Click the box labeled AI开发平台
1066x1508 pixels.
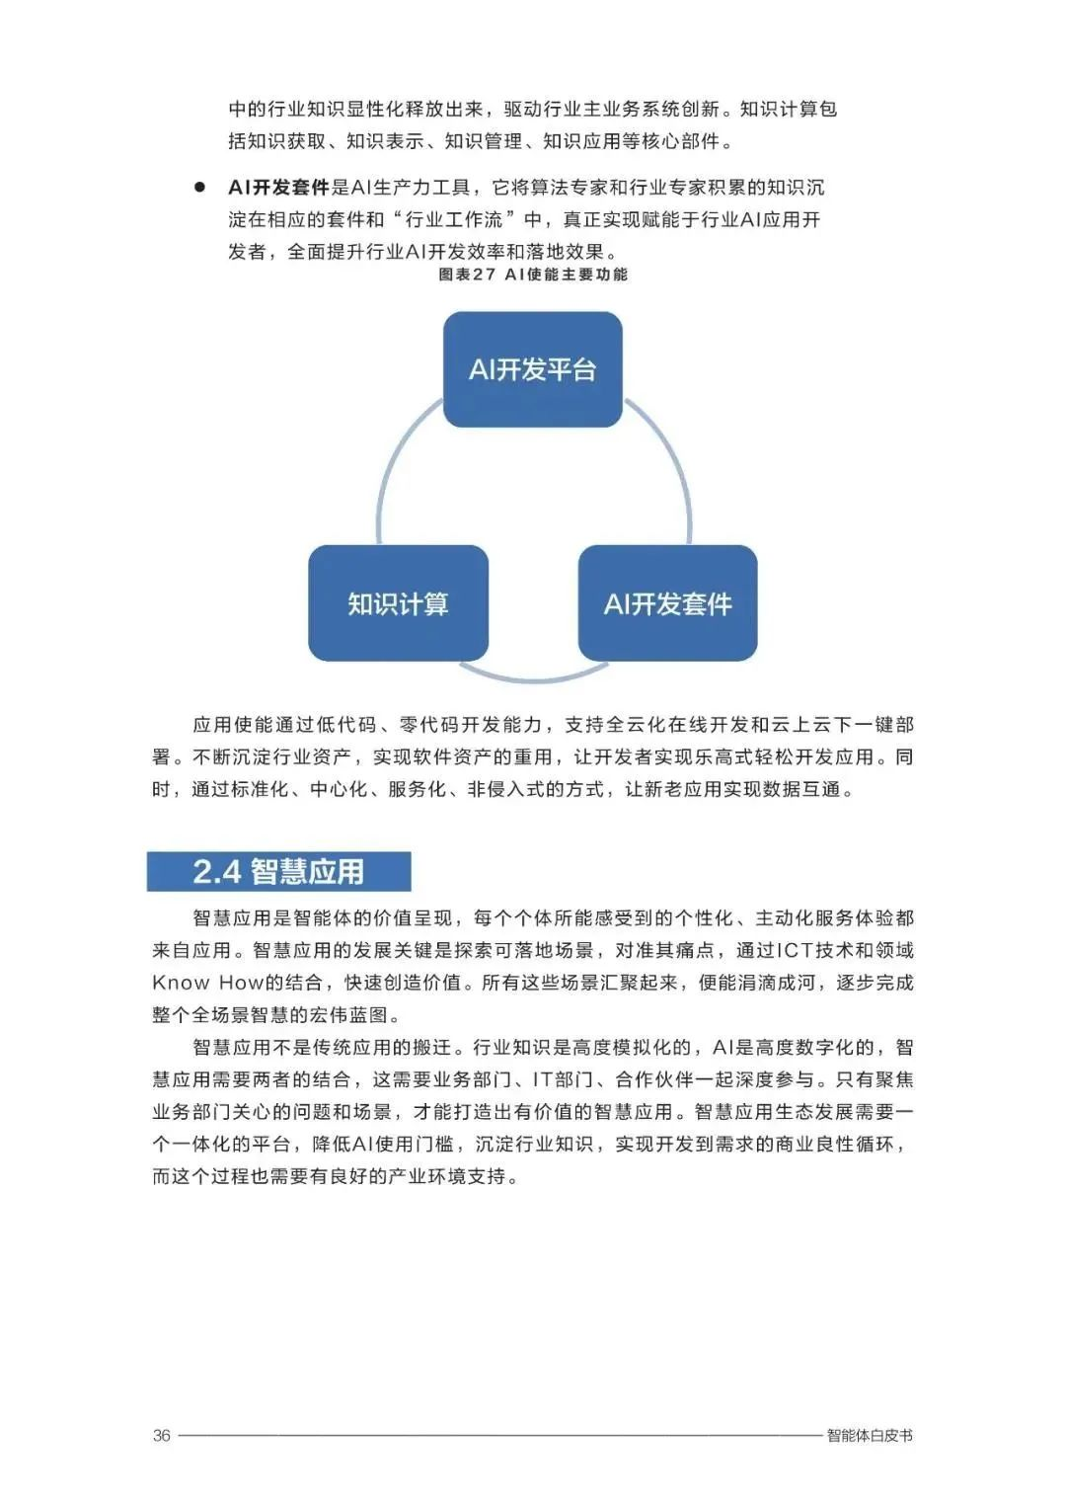pyautogui.click(x=532, y=369)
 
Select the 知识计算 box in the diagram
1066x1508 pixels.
pyautogui.click(x=398, y=603)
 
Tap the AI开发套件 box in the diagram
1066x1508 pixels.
pyautogui.click(x=667, y=603)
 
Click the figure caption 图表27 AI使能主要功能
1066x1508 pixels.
pyautogui.click(x=533, y=275)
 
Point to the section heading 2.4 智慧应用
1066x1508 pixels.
pyautogui.click(x=278, y=871)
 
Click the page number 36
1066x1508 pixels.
pyautogui.click(x=162, y=1435)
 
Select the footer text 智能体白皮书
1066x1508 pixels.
pyautogui.click(x=870, y=1435)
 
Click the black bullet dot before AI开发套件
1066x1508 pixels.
pyautogui.click(x=199, y=187)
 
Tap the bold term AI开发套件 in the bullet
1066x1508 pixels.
pyautogui.click(x=278, y=188)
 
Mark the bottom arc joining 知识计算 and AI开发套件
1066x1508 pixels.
pyautogui.click(x=533, y=677)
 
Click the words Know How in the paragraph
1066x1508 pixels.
pyautogui.click(x=207, y=983)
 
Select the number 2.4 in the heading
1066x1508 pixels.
pyautogui.click(x=216, y=871)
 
